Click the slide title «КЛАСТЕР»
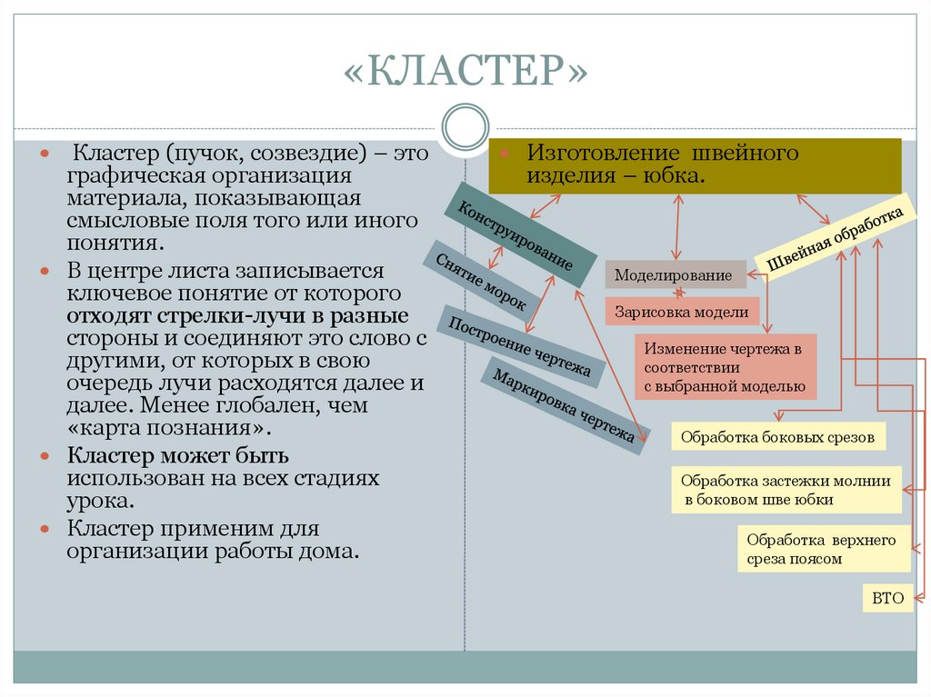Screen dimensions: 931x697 click(x=465, y=70)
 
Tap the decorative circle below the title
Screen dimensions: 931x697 click(x=465, y=127)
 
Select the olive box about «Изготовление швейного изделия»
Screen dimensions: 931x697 click(x=695, y=165)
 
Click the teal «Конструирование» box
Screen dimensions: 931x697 click(x=520, y=235)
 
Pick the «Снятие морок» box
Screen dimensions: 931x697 click(x=481, y=282)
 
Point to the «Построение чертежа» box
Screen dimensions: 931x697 click(x=521, y=346)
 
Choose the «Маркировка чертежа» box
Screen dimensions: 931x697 click(x=564, y=406)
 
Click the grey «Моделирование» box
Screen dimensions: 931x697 click(x=676, y=274)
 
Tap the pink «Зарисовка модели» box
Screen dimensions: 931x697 click(x=682, y=312)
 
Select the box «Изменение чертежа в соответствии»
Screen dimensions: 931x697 click(x=726, y=367)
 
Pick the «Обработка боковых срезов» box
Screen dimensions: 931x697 click(x=778, y=437)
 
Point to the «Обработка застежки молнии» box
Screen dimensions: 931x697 click(x=786, y=490)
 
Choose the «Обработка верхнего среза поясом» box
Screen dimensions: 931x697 click(x=824, y=549)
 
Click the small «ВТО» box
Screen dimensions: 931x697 click(x=887, y=598)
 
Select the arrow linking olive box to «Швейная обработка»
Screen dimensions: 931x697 click(x=813, y=209)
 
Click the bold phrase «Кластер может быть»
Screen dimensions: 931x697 click(x=178, y=455)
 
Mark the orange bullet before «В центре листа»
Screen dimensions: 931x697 click(x=45, y=272)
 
